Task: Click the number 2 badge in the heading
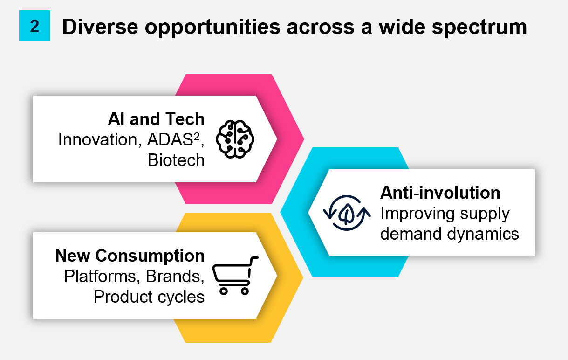click(34, 26)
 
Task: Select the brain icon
click(236, 139)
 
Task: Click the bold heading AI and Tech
click(156, 119)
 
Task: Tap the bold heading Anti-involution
click(440, 193)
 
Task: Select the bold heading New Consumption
click(130, 256)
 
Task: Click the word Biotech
click(176, 160)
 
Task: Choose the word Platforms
click(102, 276)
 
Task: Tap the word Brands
click(175, 276)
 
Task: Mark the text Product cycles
click(149, 297)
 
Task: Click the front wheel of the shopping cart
click(244, 291)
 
